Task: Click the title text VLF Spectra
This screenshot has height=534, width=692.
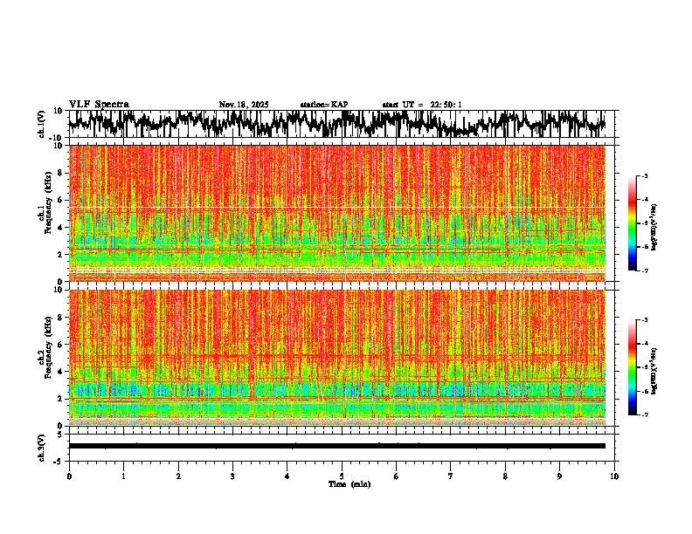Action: point(99,104)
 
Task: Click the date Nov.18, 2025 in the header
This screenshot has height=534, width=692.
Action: point(244,105)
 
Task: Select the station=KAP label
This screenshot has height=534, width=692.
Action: point(324,105)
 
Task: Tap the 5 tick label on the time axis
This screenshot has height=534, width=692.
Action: point(342,476)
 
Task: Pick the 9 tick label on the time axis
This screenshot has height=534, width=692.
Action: point(560,476)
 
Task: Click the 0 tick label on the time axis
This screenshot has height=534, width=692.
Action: point(69,476)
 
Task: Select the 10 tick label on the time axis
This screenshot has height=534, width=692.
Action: point(615,476)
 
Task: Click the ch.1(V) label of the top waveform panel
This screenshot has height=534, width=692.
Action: point(42,124)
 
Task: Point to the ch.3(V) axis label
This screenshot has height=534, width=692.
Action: point(42,446)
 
